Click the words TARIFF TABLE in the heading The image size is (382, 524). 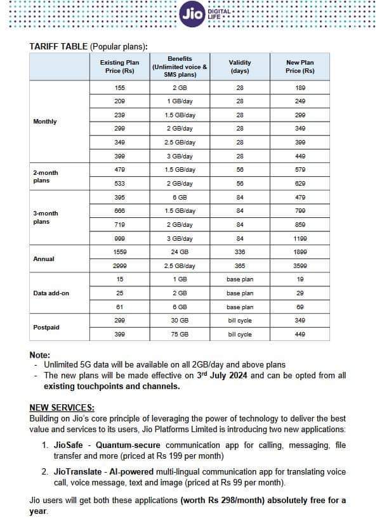coord(58,46)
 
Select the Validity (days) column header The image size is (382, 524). coord(240,67)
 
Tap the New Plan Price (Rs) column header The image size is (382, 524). coord(300,67)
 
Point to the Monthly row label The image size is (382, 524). coord(44,122)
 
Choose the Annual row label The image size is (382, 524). coord(44,259)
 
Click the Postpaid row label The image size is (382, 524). coord(46,328)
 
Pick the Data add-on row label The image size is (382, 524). coord(51,293)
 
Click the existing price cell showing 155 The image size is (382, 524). coord(120,87)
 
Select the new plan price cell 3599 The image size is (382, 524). coord(300,266)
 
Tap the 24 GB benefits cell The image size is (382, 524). coord(180,252)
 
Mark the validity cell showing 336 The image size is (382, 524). coord(240,252)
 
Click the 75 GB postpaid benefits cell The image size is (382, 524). coord(180,335)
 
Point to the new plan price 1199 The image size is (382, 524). coord(300,239)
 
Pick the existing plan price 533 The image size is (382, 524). coord(120,184)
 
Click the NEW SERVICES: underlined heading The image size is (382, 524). coord(62,407)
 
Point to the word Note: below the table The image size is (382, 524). coord(40,355)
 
